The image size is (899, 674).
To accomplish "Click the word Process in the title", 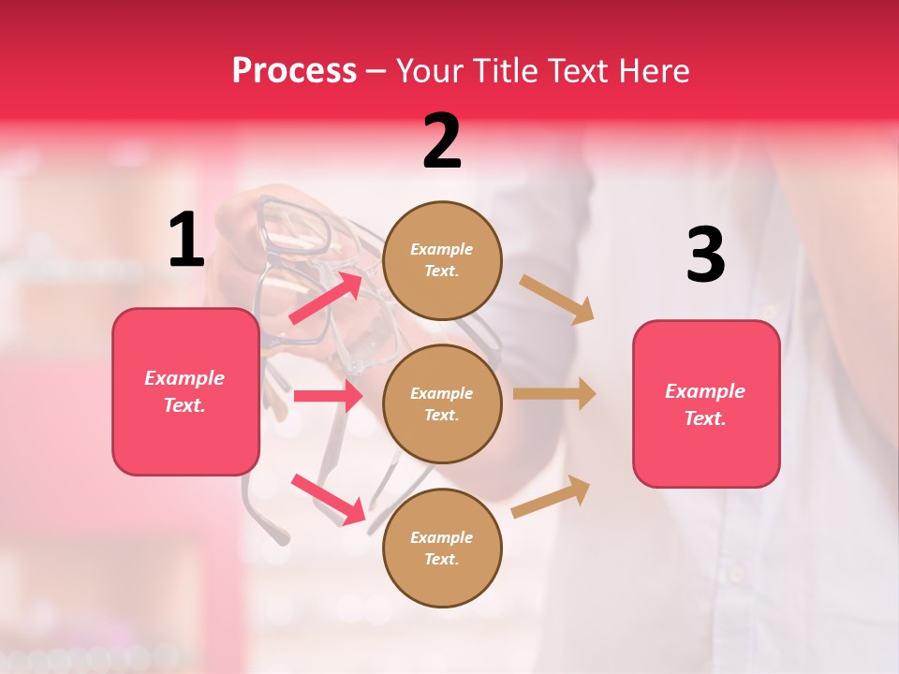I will (x=294, y=71).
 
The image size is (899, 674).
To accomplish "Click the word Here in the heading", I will (x=652, y=71).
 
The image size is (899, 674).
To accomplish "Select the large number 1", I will (x=186, y=241).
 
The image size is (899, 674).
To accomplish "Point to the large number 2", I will (x=442, y=141).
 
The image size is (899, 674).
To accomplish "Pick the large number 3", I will (x=705, y=255).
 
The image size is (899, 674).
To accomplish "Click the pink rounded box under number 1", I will (x=185, y=391).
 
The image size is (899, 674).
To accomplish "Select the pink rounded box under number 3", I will (x=706, y=403).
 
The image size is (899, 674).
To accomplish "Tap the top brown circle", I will (x=442, y=260).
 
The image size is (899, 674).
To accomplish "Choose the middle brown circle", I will (x=442, y=403).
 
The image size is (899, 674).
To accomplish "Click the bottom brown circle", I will (x=442, y=548).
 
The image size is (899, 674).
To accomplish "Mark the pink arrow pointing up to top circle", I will (x=326, y=297).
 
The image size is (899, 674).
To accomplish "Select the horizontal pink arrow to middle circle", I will (x=328, y=396).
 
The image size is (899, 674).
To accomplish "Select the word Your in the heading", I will (x=426, y=71).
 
